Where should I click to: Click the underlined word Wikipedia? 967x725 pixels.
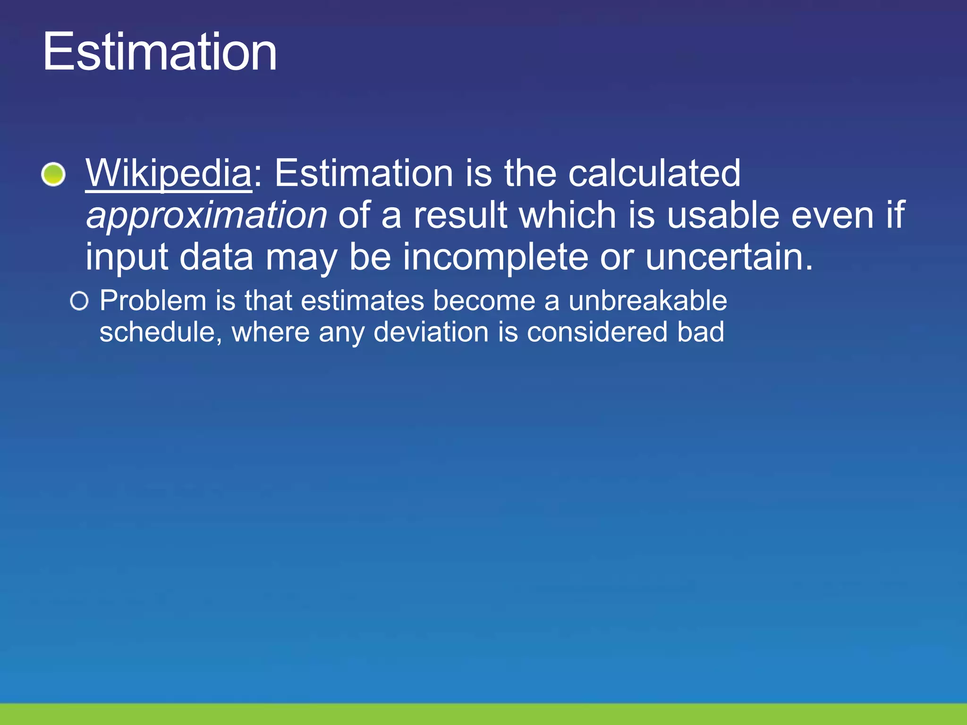pyautogui.click(x=169, y=173)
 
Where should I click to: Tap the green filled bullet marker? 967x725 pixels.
pyautogui.click(x=53, y=174)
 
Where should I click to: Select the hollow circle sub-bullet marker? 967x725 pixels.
pyautogui.click(x=79, y=301)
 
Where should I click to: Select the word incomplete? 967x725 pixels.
pyautogui.click(x=495, y=258)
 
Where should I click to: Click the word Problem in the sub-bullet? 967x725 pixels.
pyautogui.click(x=153, y=301)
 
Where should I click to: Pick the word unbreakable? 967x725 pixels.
pyautogui.click(x=647, y=301)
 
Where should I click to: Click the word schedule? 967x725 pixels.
pyautogui.click(x=157, y=332)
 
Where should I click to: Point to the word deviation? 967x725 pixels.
pyautogui.click(x=431, y=332)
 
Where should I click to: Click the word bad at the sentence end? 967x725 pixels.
pyautogui.click(x=701, y=332)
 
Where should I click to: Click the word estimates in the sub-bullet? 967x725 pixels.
pyautogui.click(x=362, y=301)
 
